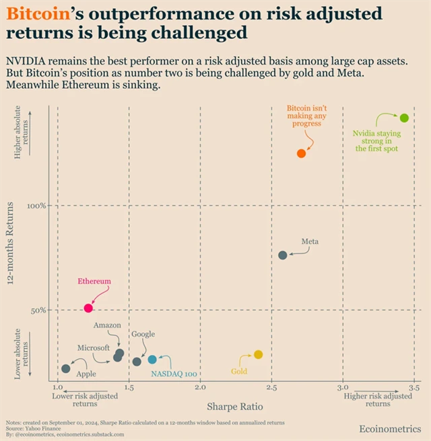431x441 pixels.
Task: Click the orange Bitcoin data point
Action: pos(301,153)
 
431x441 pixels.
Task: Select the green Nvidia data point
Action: pos(404,118)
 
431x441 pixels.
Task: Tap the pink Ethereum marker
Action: pos(88,308)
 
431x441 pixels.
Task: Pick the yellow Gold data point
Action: pos(258,354)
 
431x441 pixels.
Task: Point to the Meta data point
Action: pos(283,255)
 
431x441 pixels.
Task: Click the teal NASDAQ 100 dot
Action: pos(152,360)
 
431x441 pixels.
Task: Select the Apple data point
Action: pos(65,368)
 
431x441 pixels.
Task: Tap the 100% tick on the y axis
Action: pos(36,206)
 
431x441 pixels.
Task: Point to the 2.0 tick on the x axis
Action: pos(200,389)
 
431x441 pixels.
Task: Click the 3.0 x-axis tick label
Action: pos(343,389)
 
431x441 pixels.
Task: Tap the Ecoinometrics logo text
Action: pos(390,429)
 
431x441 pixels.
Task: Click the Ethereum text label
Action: pos(94,282)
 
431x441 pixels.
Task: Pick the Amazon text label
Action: pos(107,325)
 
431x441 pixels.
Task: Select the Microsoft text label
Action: pos(93,348)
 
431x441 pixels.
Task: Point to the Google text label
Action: pos(143,334)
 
